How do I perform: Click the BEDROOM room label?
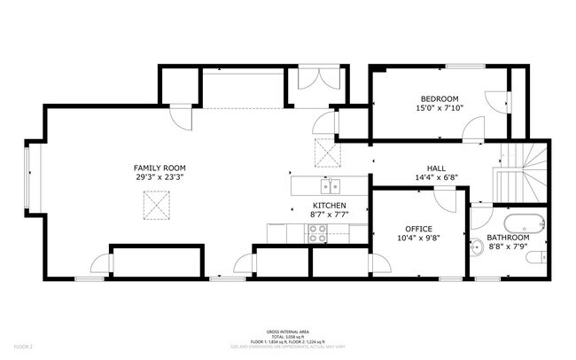(x=439, y=98)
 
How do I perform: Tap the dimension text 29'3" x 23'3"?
(x=160, y=177)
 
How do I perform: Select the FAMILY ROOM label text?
(x=160, y=168)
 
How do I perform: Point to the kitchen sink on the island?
(x=331, y=186)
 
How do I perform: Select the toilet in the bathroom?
(x=534, y=258)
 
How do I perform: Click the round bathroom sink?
(x=476, y=248)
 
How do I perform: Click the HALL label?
(x=436, y=168)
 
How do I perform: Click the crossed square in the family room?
(x=158, y=209)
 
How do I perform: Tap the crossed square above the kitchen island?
(x=327, y=154)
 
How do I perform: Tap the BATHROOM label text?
(x=508, y=238)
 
